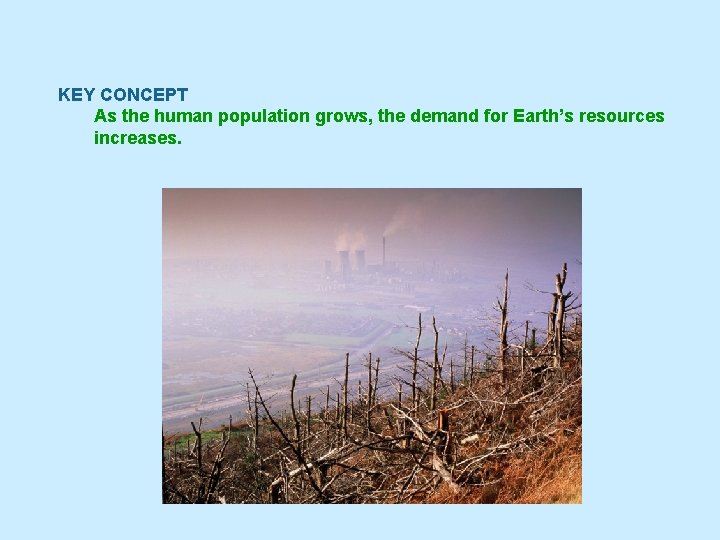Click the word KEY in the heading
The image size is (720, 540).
[75, 95]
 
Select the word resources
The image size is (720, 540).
[625, 116]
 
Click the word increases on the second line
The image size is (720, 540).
[137, 137]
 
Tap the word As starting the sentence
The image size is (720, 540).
[104, 116]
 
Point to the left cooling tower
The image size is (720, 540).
[343, 263]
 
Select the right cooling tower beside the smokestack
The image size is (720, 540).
[360, 263]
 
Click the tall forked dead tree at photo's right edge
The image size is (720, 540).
[561, 310]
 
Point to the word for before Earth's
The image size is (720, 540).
[497, 116]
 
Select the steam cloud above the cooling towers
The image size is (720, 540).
[349, 238]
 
